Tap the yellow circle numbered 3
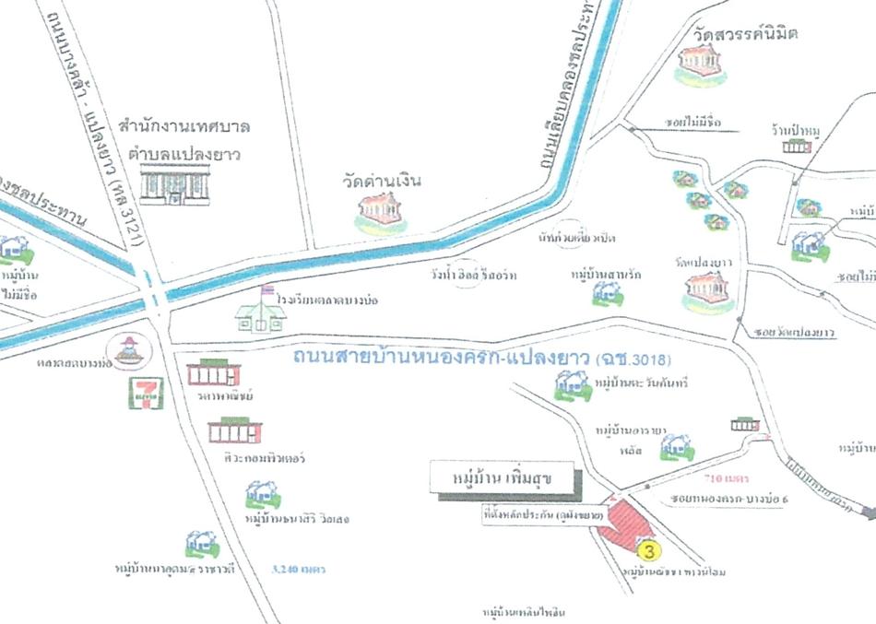pyautogui.click(x=649, y=551)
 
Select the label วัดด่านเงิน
pyautogui.click(x=380, y=180)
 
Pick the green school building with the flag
pyautogui.click(x=261, y=312)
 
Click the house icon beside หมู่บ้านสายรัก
pyautogui.click(x=606, y=293)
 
